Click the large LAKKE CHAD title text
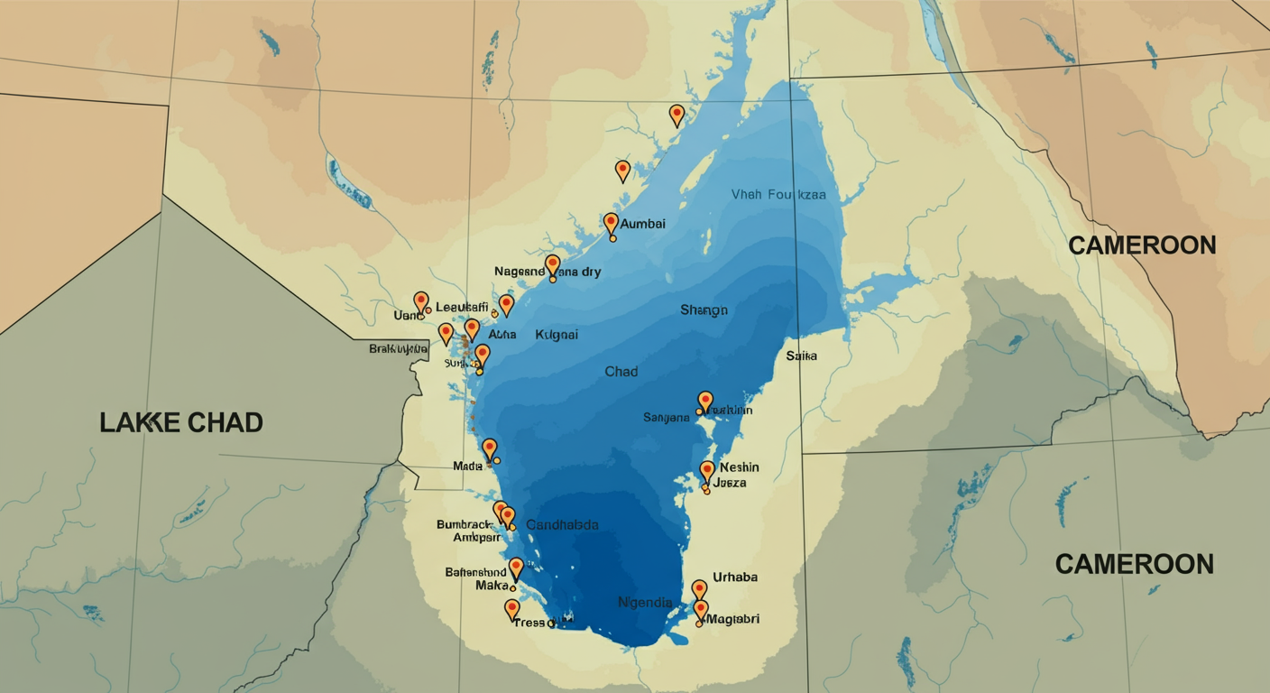[x=181, y=421]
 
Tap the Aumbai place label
[x=643, y=224]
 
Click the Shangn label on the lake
[x=704, y=310]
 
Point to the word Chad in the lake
[x=621, y=372]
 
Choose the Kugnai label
[x=557, y=335]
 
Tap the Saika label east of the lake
[x=801, y=356]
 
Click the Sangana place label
[x=667, y=418]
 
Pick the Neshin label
[x=740, y=467]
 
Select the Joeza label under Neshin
[x=730, y=484]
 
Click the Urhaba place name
[x=735, y=577]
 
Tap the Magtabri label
[x=732, y=619]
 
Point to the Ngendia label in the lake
[x=645, y=602]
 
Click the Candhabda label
[x=562, y=525]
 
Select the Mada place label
[x=467, y=466]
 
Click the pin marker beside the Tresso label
[x=512, y=609]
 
